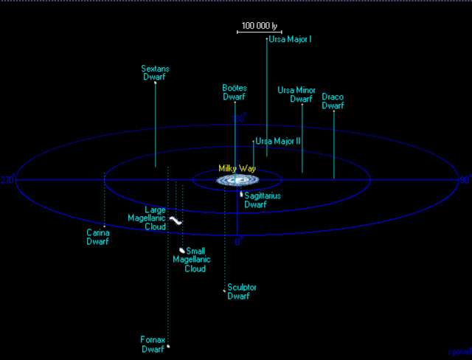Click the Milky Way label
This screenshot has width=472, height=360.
pyautogui.click(x=236, y=169)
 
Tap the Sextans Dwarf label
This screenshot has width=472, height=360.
pyautogui.click(x=155, y=72)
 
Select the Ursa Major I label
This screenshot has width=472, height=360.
pyautogui.click(x=289, y=38)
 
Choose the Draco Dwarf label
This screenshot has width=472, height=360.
pyautogui.click(x=333, y=101)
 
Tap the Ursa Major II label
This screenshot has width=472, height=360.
pyautogui.click(x=277, y=140)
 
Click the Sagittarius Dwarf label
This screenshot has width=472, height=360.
pyautogui.click(x=262, y=201)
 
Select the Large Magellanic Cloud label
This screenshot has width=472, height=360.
pyautogui.click(x=155, y=218)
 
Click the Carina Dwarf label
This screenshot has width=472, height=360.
pyautogui.click(x=97, y=237)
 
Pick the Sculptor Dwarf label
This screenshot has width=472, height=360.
pyautogui.click(x=242, y=291)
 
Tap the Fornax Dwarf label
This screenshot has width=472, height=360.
pyautogui.click(x=153, y=345)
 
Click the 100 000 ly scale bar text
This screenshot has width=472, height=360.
pyautogui.click(x=256, y=25)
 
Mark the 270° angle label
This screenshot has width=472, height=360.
pyautogui.click(x=8, y=180)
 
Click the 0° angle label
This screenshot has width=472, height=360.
pyautogui.click(x=238, y=241)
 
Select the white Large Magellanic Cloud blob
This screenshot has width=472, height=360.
pyautogui.click(x=176, y=220)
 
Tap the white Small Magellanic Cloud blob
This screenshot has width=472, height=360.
pyautogui.click(x=182, y=250)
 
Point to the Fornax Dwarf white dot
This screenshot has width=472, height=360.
pyautogui.click(x=168, y=346)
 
